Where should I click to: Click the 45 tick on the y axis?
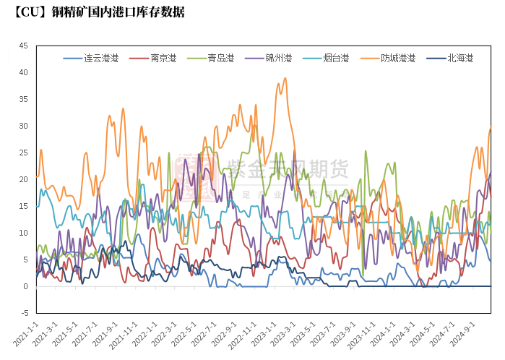pyautogui.click(x=23, y=46)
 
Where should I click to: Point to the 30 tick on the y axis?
pyautogui.click(x=23, y=126)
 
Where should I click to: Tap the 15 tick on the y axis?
pyautogui.click(x=23, y=206)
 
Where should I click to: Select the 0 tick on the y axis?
pyautogui.click(x=25, y=286)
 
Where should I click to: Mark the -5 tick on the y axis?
pyautogui.click(x=23, y=313)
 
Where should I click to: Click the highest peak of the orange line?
pyautogui.click(x=285, y=78)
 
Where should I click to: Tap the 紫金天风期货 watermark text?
pyautogui.click(x=288, y=169)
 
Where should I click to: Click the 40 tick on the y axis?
pyautogui.click(x=23, y=72)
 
